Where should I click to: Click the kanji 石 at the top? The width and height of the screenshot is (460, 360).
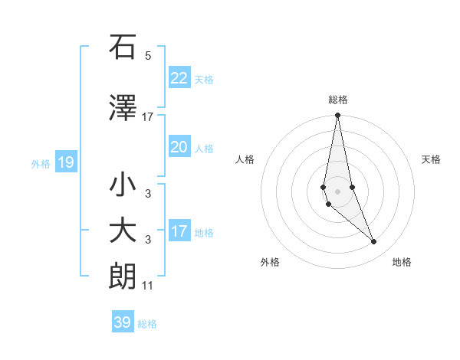point(123,47)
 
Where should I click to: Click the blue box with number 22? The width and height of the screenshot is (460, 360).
point(179,77)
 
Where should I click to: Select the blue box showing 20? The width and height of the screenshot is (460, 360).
point(179,147)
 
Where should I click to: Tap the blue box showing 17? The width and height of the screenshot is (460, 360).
point(179,231)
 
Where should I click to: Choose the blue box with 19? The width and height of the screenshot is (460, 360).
point(65,162)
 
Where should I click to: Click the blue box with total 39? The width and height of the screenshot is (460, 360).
point(123,322)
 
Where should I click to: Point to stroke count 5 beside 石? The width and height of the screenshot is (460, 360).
point(148,55)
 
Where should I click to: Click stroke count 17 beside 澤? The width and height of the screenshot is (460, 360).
point(148,116)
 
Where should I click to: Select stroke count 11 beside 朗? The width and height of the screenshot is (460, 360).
point(148,286)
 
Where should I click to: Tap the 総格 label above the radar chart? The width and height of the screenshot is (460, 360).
point(338,100)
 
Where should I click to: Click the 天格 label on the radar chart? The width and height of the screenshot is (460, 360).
point(432,159)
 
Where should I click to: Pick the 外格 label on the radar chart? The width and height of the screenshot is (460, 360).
point(270,262)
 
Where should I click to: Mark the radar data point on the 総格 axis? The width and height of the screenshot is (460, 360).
point(337,116)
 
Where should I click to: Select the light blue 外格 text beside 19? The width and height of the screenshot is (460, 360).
point(40,163)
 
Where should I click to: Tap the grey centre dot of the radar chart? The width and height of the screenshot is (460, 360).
point(337,191)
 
